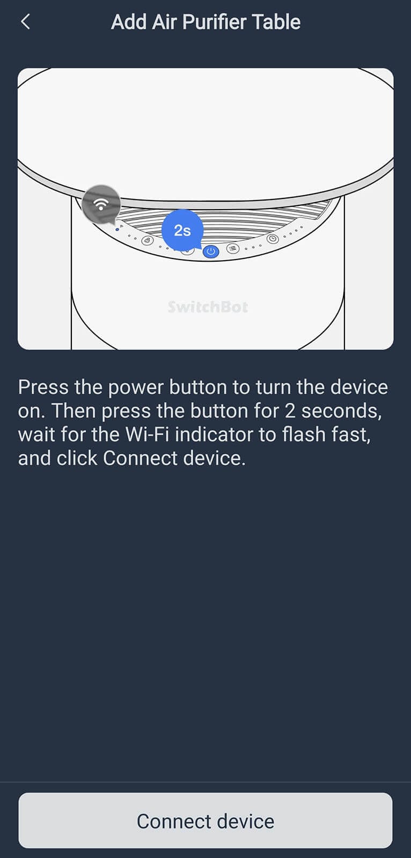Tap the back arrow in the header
[x=25, y=22]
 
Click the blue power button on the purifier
[x=210, y=252]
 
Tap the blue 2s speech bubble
[x=182, y=230]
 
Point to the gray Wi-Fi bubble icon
[x=101, y=204]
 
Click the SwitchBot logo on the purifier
[x=208, y=307]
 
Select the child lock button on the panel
[x=148, y=241]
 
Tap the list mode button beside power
[x=233, y=249]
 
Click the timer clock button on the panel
[x=273, y=238]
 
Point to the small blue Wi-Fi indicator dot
[x=117, y=230]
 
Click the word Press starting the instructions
[x=43, y=387]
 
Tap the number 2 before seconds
[x=290, y=411]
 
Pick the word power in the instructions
[x=136, y=388]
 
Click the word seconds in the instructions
[x=341, y=411]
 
